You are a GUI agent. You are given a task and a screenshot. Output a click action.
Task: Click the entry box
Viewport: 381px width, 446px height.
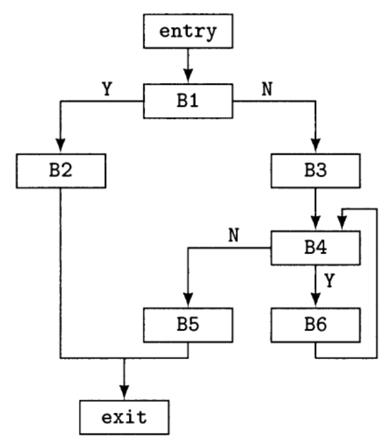pyautogui.click(x=188, y=32)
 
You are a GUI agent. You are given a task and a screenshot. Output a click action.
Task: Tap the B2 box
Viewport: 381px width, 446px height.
pyautogui.click(x=60, y=172)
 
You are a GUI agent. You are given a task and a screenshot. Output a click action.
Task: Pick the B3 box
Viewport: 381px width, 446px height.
pyautogui.click(x=315, y=172)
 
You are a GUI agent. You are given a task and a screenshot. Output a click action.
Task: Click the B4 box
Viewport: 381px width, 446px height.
pyautogui.click(x=315, y=248)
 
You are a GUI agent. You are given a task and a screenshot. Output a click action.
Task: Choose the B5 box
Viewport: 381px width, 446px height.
pyautogui.click(x=188, y=325)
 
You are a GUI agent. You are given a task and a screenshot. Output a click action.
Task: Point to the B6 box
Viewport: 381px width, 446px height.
pyautogui.click(x=315, y=325)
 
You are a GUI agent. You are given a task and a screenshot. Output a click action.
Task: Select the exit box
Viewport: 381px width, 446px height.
pyautogui.click(x=124, y=418)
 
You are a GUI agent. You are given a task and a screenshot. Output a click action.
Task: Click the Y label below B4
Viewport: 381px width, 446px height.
pyautogui.click(x=330, y=280)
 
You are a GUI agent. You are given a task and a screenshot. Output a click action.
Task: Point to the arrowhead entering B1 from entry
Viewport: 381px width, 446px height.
pyautogui.click(x=188, y=79)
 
